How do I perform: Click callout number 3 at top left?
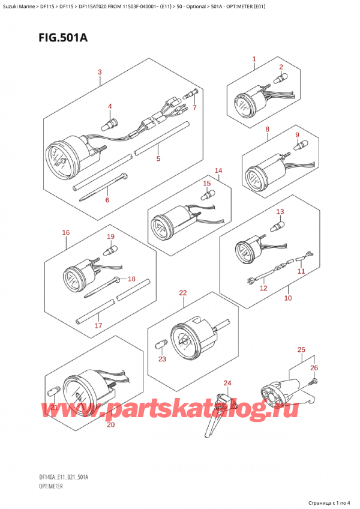click(x=100, y=73)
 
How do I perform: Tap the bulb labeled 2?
click(x=280, y=78)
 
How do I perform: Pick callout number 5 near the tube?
click(x=158, y=160)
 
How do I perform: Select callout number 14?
click(x=218, y=170)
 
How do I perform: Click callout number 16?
click(x=66, y=232)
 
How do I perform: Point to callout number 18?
click(x=132, y=279)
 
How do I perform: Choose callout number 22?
click(x=182, y=293)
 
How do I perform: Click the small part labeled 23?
click(x=161, y=346)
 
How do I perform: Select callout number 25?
click(x=301, y=349)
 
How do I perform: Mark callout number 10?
click(x=287, y=298)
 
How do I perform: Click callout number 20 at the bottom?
click(x=110, y=425)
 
